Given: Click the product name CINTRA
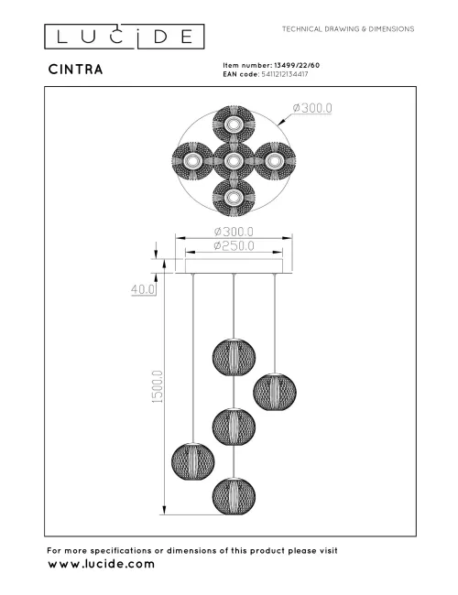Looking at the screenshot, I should tap(76, 69).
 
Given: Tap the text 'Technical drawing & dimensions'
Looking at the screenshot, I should tap(348, 29).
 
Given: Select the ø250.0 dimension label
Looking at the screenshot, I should tap(234, 245).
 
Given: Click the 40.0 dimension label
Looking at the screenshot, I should tap(142, 289).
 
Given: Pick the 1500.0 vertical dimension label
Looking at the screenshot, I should tap(157, 385).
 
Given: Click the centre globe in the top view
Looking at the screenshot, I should tap(233, 161).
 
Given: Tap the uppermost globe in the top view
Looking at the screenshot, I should tap(233, 125).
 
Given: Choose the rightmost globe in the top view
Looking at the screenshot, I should tap(272, 161).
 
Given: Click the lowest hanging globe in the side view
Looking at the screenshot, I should tap(233, 496).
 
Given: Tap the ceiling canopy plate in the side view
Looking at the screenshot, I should tap(234, 266).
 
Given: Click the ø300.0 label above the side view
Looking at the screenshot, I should tap(234, 231).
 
